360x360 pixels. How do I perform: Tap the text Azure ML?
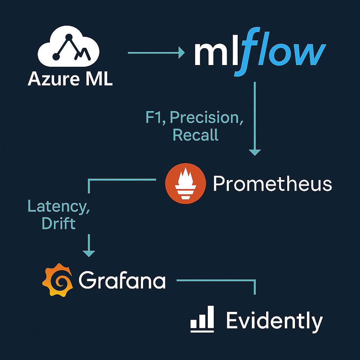point(70,79)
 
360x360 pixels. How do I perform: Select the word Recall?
point(195,135)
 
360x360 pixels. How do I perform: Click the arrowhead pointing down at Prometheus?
point(255,152)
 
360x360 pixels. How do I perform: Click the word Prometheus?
point(272,184)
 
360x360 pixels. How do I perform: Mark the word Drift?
point(59,223)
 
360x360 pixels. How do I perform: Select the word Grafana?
point(122,281)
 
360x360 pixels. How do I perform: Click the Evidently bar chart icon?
point(202,319)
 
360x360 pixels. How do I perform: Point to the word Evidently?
point(274,321)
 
